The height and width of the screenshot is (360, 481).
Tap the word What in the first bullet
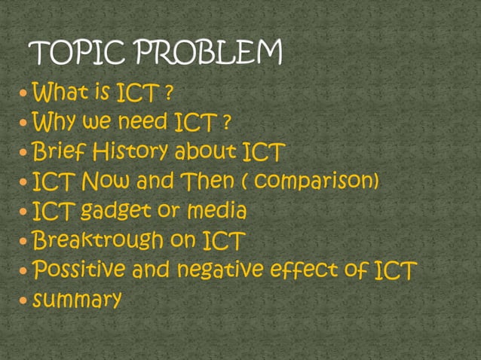[x=61, y=95]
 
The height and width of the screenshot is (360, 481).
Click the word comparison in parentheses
[x=316, y=182]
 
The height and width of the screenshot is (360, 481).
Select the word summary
[x=76, y=300]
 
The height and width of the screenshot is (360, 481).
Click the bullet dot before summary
[x=25, y=300]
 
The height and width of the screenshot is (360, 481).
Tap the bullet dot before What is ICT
[x=25, y=96]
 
